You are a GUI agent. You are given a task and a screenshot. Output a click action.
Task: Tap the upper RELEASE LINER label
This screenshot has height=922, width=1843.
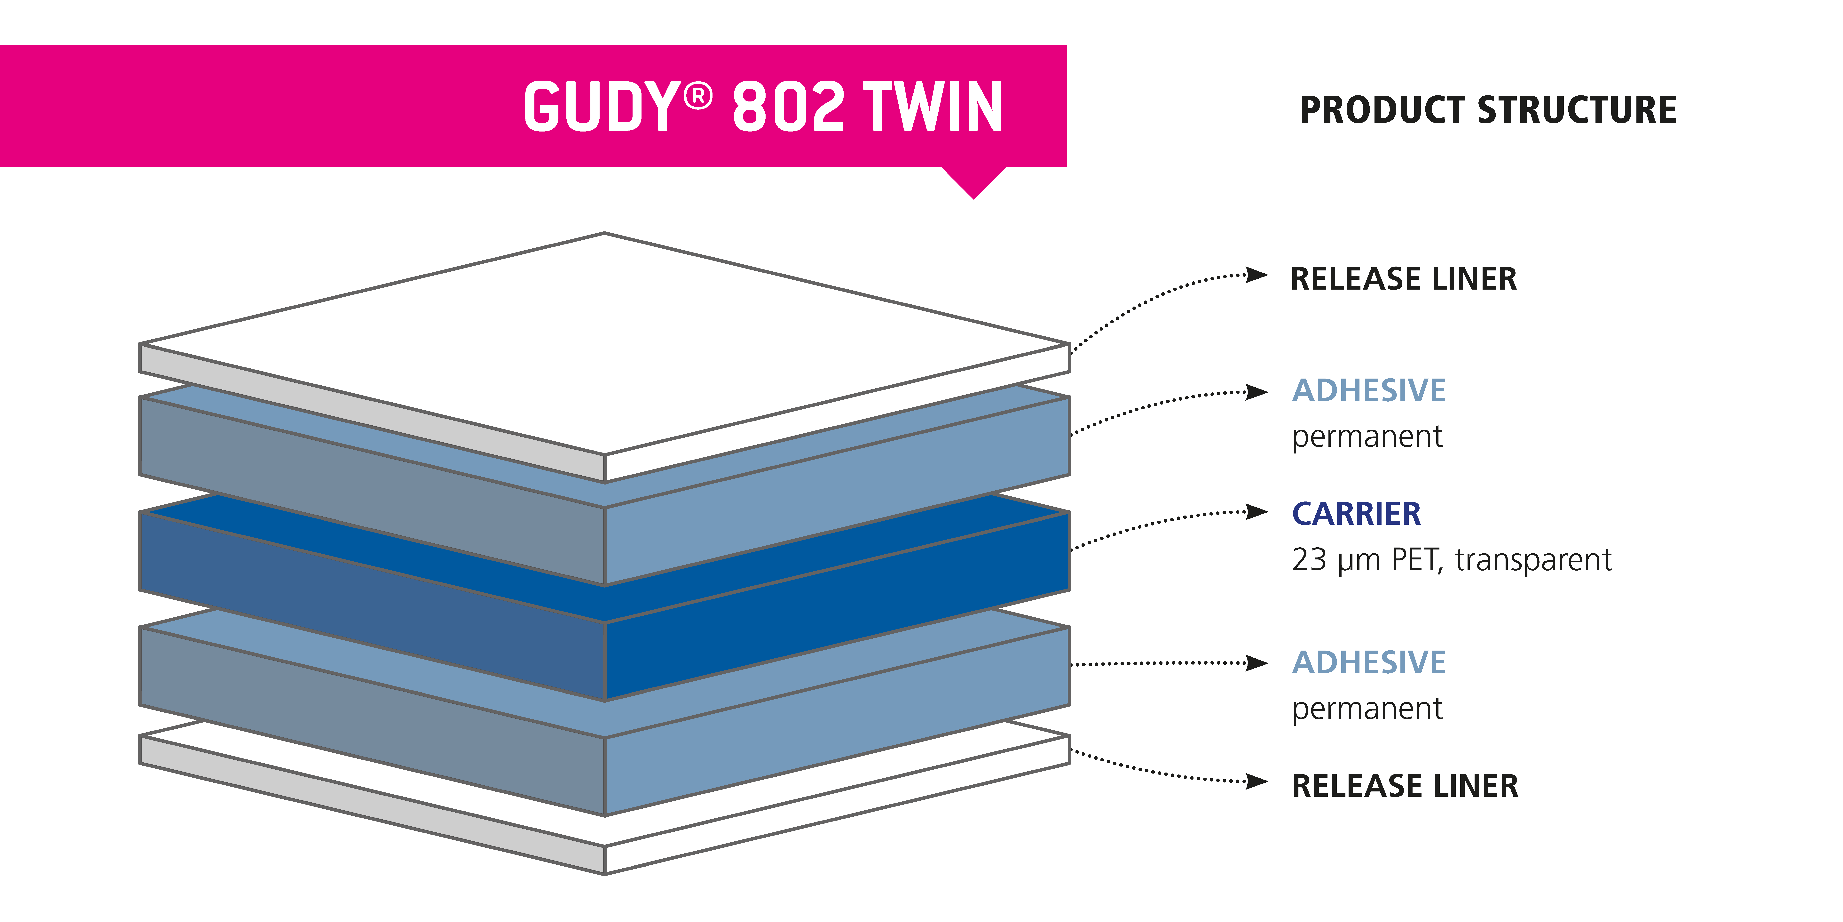[x=1404, y=278]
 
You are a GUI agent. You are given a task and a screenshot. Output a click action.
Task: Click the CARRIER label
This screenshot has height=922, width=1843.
[x=1357, y=513]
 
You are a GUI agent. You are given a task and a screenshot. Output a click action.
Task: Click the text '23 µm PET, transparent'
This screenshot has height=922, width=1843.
[x=1452, y=560]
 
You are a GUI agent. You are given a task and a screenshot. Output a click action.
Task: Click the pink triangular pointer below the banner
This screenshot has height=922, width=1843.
[x=974, y=180]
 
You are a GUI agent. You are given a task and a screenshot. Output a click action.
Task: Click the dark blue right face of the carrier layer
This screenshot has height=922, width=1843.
[x=837, y=605]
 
